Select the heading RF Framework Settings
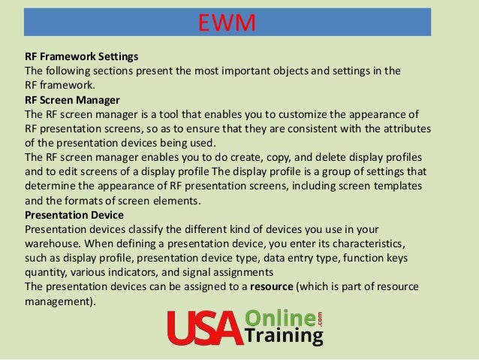82,57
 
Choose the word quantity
49,272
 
